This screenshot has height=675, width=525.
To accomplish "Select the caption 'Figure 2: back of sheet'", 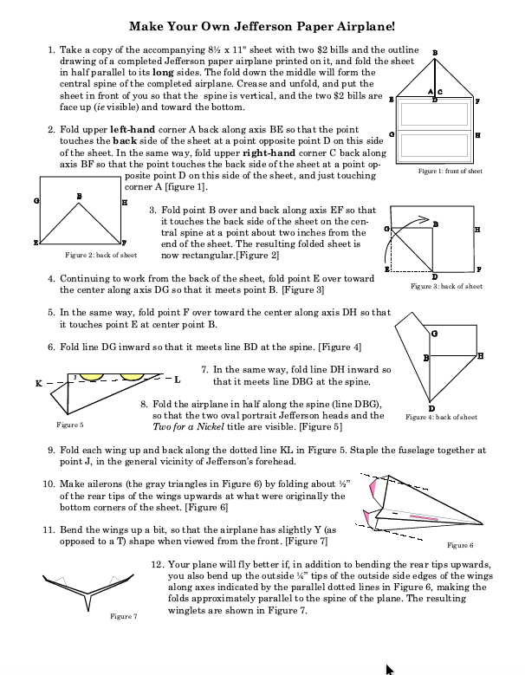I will pyautogui.click(x=100, y=256).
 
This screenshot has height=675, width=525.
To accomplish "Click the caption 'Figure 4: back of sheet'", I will pyautogui.click(x=441, y=417).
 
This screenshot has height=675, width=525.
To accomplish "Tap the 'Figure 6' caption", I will pyautogui.click(x=459, y=545).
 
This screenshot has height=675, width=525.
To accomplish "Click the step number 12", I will pyautogui.click(x=157, y=563).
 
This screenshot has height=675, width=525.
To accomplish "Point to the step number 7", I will pyautogui.click(x=204, y=368).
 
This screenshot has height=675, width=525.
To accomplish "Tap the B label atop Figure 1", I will pyautogui.click(x=434, y=53).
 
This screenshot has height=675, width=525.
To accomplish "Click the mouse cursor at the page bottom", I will pyautogui.click(x=389, y=668).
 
